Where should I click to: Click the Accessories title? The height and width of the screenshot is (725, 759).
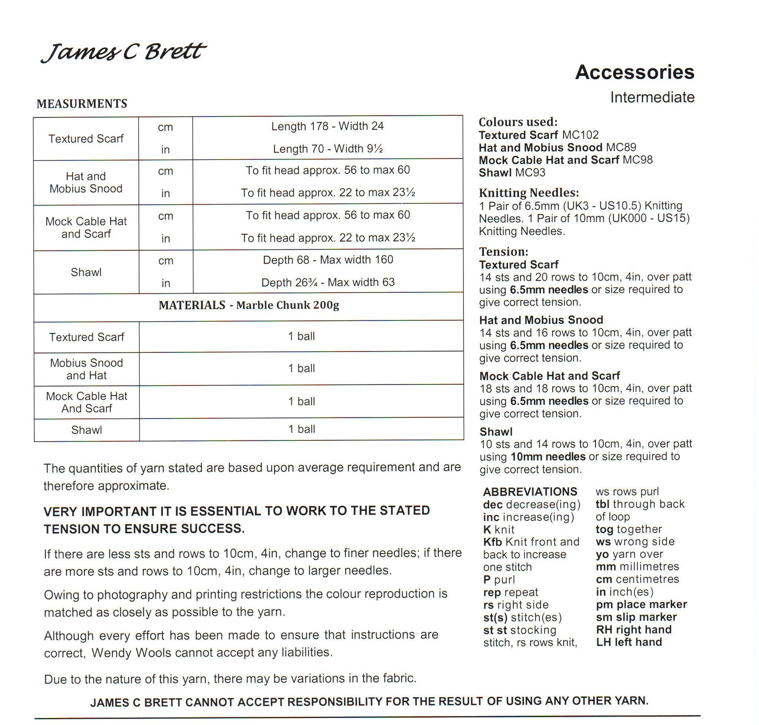pyautogui.click(x=634, y=72)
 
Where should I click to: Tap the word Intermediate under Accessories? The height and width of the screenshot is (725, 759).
pyautogui.click(x=652, y=97)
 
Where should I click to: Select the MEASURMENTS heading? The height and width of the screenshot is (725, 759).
pyautogui.click(x=82, y=104)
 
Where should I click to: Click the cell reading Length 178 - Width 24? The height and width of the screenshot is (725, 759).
pyautogui.click(x=327, y=126)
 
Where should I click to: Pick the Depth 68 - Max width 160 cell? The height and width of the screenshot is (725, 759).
pyautogui.click(x=328, y=260)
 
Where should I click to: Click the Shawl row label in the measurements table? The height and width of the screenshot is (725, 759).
pyautogui.click(x=86, y=272)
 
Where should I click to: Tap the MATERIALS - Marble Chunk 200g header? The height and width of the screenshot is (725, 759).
pyautogui.click(x=249, y=305)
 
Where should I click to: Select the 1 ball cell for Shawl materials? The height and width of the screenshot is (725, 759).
pyautogui.click(x=302, y=429)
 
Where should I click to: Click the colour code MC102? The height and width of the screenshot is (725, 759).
pyautogui.click(x=580, y=135)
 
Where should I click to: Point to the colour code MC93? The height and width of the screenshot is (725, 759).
pyautogui.click(x=530, y=173)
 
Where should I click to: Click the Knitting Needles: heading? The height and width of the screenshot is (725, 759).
pyautogui.click(x=529, y=193)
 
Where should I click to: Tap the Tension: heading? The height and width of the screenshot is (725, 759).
pyautogui.click(x=503, y=252)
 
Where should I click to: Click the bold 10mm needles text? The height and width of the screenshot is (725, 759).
pyautogui.click(x=548, y=456)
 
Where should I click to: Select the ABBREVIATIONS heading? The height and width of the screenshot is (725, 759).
pyautogui.click(x=530, y=492)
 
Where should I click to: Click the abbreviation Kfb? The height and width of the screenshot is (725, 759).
pyautogui.click(x=492, y=542)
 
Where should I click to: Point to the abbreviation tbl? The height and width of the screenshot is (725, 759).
pyautogui.click(x=602, y=504)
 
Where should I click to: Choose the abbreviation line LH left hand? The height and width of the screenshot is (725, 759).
pyautogui.click(x=629, y=642)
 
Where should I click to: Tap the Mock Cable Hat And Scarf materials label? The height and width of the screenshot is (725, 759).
pyautogui.click(x=86, y=402)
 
